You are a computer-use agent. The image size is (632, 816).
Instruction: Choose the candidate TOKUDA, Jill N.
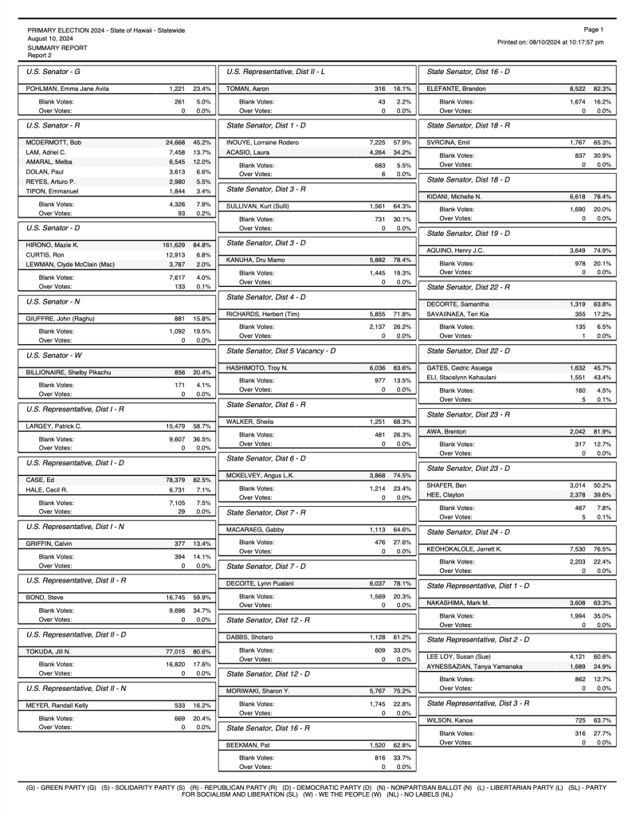point(49,651)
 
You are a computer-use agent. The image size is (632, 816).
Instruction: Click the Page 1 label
point(594,29)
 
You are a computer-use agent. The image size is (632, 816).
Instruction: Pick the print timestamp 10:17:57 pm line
point(550,42)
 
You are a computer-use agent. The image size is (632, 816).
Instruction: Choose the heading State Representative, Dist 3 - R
point(478,703)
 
